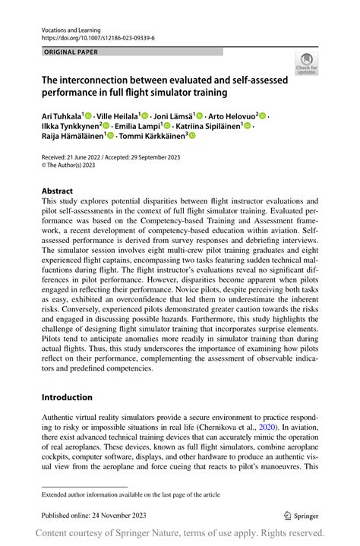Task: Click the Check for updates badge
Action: click(306, 63)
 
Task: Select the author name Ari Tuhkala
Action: click(61, 115)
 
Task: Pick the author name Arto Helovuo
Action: click(232, 115)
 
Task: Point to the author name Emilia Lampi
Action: click(138, 125)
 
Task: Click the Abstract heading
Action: click(57, 191)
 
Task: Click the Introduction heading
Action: click(67, 397)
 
